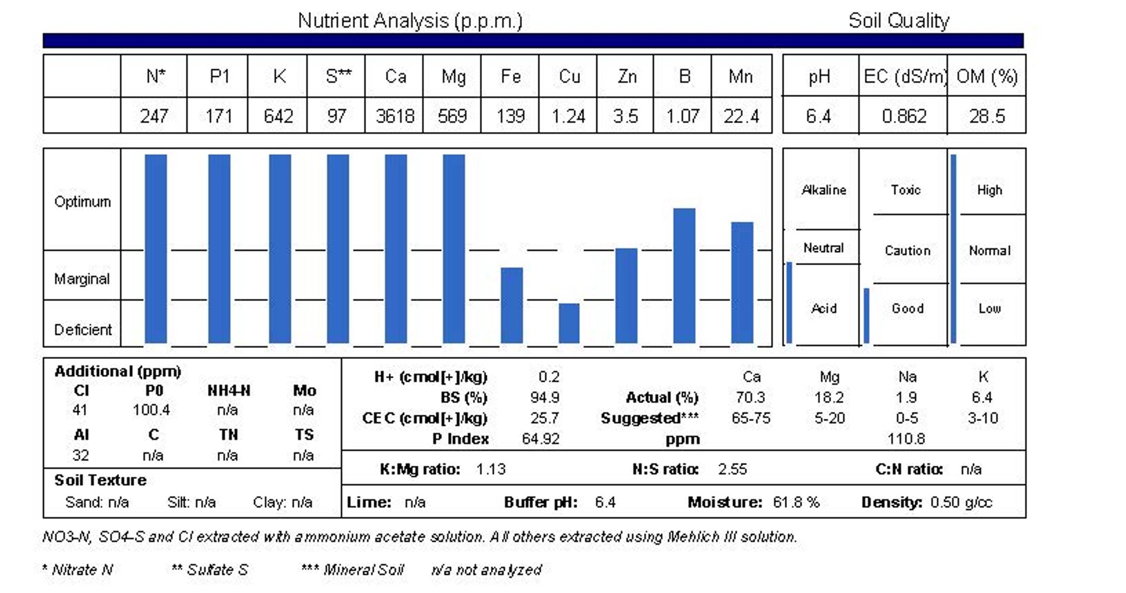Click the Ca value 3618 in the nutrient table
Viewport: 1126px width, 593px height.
(395, 116)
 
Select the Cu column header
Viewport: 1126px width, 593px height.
(569, 76)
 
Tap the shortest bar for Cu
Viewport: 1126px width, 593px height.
(569, 323)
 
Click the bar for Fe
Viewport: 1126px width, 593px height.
(511, 305)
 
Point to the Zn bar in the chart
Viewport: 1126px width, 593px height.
(626, 295)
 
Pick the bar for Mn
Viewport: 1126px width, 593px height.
(742, 282)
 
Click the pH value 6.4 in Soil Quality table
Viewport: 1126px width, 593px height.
(818, 116)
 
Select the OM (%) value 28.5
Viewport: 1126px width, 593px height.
(986, 116)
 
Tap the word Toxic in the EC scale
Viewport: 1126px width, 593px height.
(905, 190)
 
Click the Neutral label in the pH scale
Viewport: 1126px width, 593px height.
(823, 248)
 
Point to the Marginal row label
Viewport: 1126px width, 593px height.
(82, 279)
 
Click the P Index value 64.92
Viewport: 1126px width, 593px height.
(540, 439)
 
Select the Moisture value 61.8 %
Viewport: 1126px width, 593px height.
(796, 502)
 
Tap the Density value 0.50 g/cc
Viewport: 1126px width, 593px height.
(961, 502)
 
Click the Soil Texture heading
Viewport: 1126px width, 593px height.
(100, 480)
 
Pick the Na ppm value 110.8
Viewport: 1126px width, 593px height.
(906, 439)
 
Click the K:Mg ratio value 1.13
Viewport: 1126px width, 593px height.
(490, 469)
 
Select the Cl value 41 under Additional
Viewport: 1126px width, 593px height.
(80, 410)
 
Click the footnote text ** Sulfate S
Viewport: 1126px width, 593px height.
(209, 570)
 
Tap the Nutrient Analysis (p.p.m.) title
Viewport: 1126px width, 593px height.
(410, 21)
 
